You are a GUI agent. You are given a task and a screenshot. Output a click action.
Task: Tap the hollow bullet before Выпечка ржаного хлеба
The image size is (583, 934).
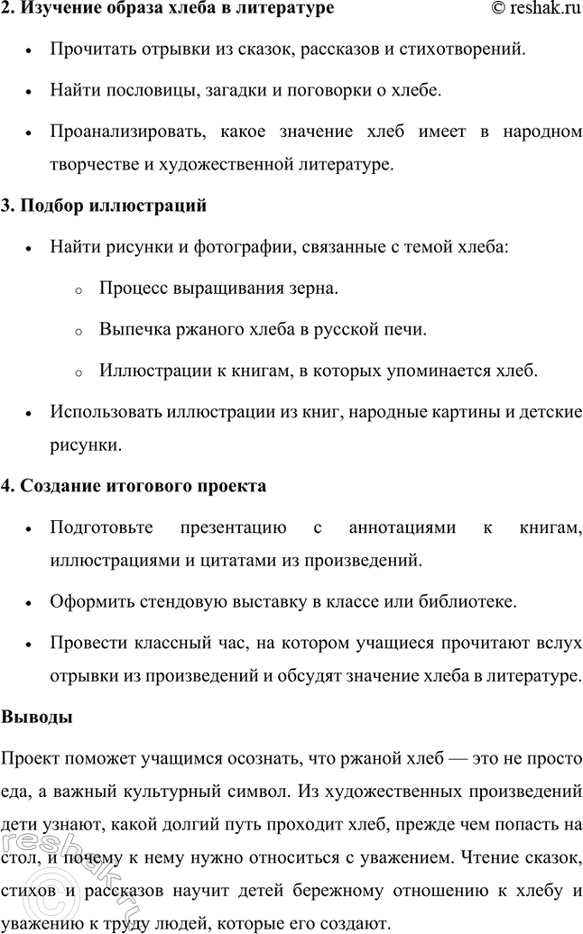pyautogui.click(x=79, y=330)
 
